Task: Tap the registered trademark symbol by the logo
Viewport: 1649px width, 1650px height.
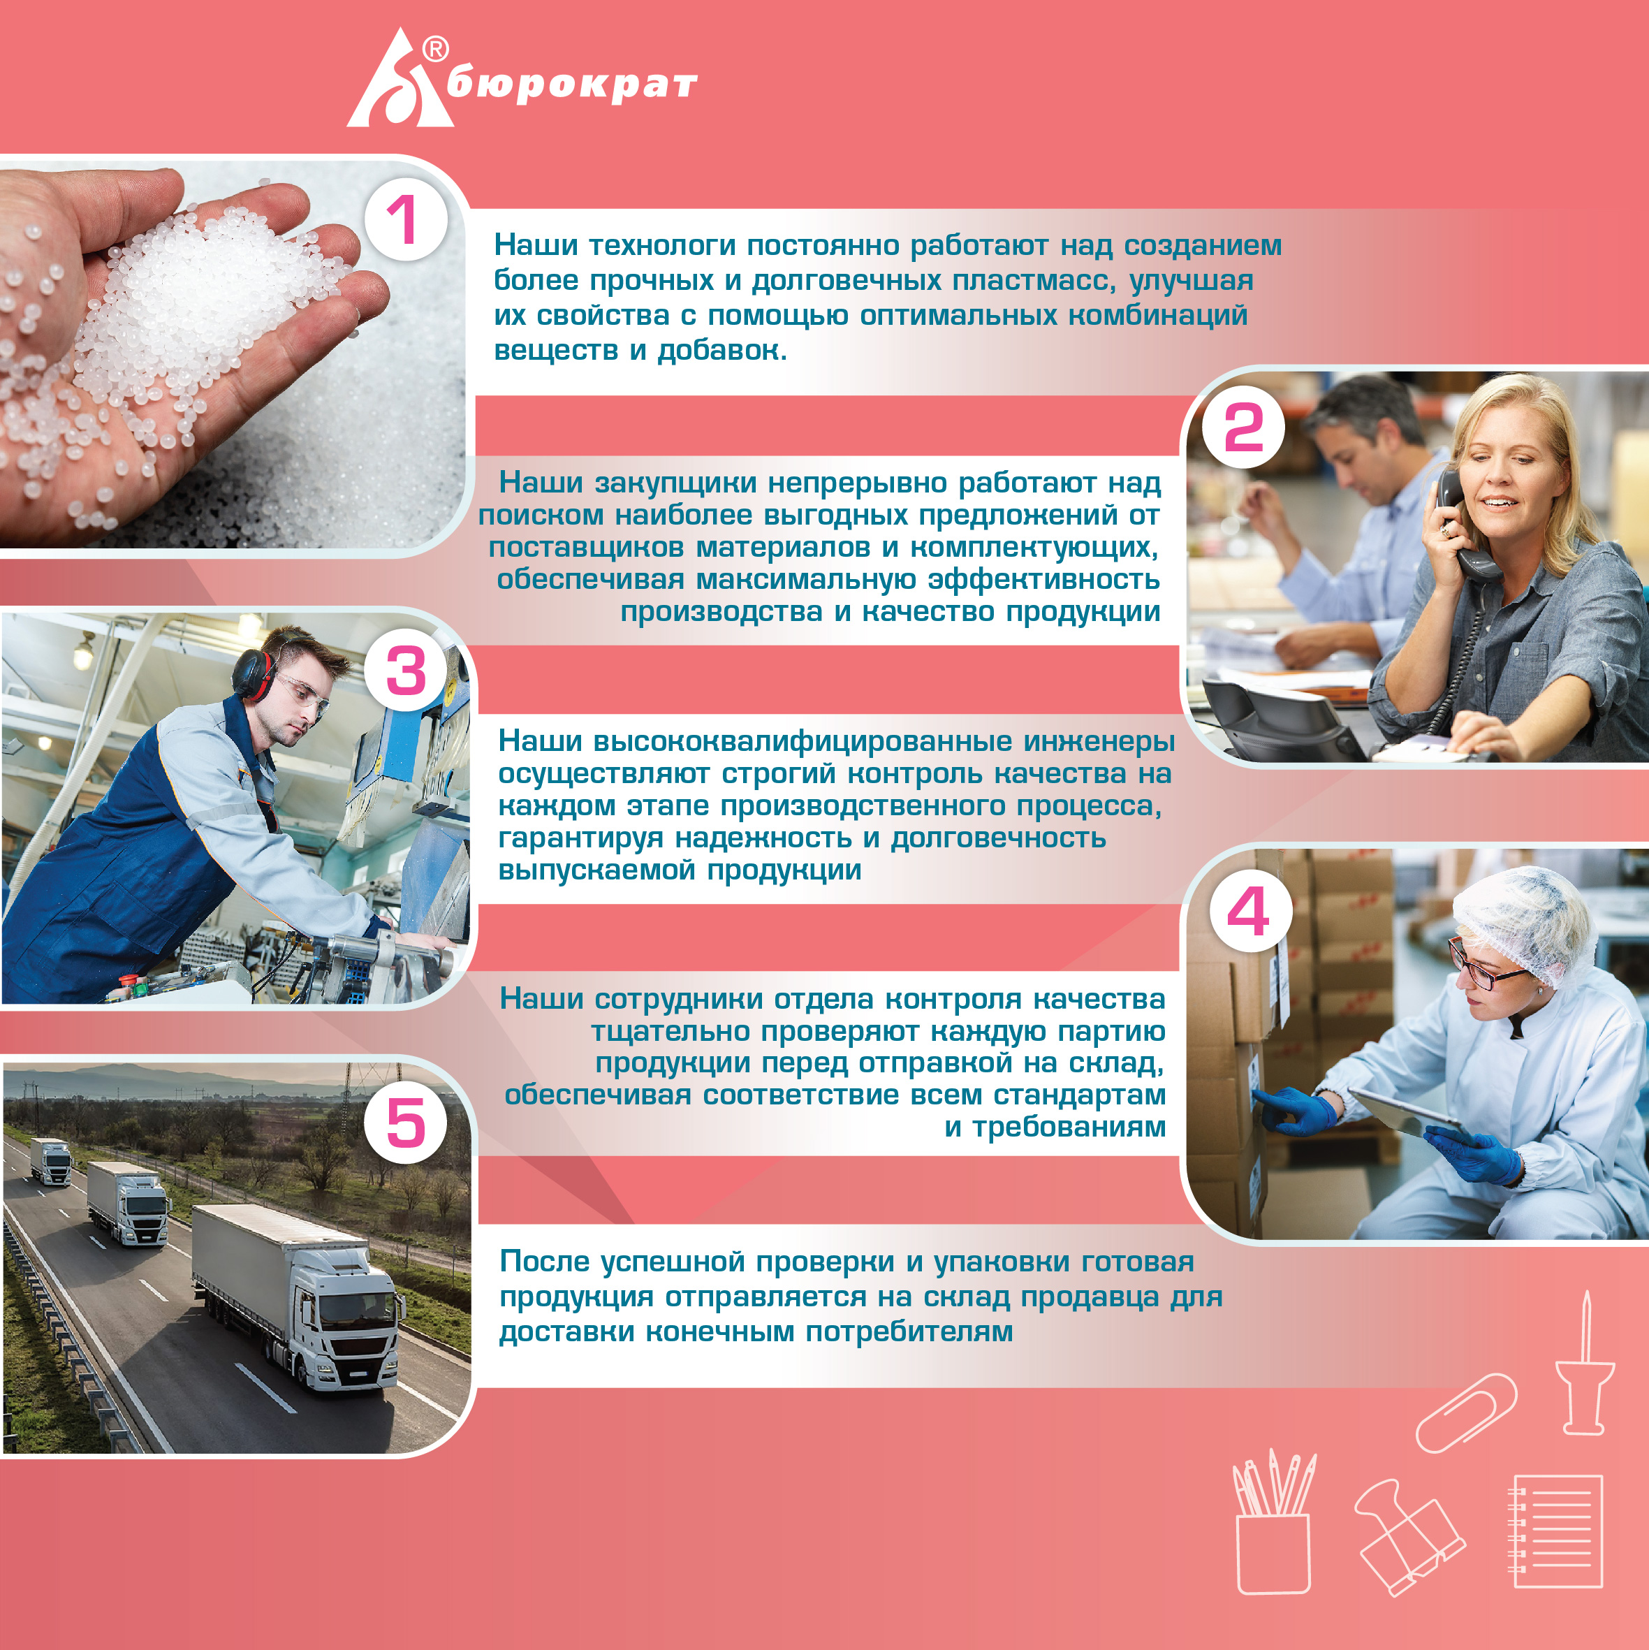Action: pyautogui.click(x=436, y=50)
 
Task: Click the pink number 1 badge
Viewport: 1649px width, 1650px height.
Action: pyautogui.click(x=406, y=219)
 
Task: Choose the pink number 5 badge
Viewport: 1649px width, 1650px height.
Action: pyautogui.click(x=406, y=1122)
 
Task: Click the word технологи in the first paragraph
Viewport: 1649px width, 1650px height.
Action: pyautogui.click(x=662, y=245)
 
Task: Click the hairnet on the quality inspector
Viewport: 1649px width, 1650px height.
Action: pyautogui.click(x=1524, y=926)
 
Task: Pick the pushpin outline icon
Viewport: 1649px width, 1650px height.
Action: pyautogui.click(x=1585, y=1363)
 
